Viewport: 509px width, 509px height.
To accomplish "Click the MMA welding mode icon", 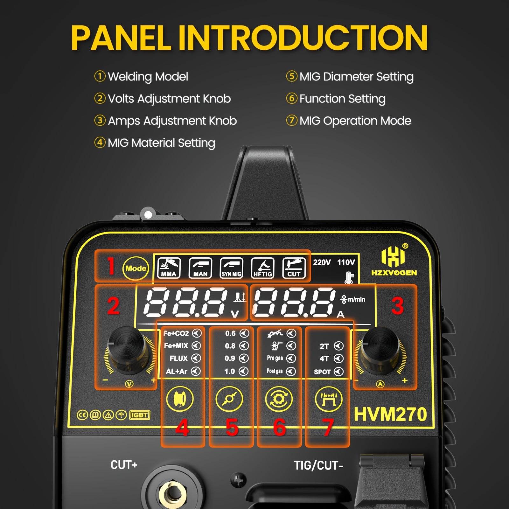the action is tap(169, 268).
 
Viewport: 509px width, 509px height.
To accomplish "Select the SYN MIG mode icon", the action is tap(231, 268).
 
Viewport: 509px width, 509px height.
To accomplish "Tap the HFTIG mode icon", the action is tap(262, 268).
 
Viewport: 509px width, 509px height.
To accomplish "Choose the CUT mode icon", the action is tap(294, 268).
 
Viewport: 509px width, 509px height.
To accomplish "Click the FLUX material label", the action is tap(178, 359).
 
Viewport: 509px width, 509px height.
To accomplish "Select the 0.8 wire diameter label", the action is tap(230, 346).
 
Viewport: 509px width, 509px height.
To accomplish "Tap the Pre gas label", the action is tap(275, 358).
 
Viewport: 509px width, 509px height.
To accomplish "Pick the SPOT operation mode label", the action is tap(322, 372).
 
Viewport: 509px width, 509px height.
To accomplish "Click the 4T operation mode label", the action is tap(324, 359).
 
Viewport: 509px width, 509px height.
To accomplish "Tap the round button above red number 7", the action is tap(329, 399).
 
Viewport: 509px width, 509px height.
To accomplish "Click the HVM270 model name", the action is tap(390, 414).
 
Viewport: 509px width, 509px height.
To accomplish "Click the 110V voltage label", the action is tap(346, 262).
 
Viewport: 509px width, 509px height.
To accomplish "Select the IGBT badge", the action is tap(139, 415).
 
